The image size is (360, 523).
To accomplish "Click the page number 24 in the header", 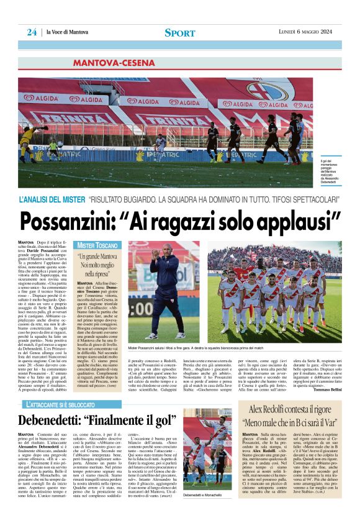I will pos(31,32).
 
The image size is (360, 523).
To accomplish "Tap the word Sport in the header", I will pos(180,33).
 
